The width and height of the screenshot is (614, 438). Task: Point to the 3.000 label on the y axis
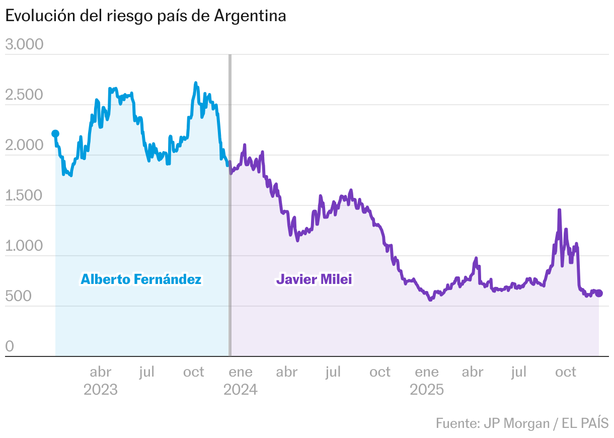click(24, 45)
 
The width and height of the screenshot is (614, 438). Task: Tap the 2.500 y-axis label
click(24, 95)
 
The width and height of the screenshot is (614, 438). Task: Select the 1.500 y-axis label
click(24, 196)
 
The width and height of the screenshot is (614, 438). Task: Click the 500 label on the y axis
click(18, 297)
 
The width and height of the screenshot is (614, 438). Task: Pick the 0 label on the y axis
click(9, 347)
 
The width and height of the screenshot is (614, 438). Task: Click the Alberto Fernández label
click(141, 279)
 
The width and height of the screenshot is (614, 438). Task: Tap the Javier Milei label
click(314, 279)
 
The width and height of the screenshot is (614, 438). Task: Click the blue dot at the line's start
click(55, 133)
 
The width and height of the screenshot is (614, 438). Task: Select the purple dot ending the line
click(599, 294)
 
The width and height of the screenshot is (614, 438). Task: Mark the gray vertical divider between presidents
click(230, 201)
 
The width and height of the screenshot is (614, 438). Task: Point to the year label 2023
click(101, 390)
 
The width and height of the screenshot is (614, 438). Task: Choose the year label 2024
click(241, 390)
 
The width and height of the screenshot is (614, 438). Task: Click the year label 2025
click(427, 390)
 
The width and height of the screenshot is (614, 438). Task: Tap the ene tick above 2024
click(241, 373)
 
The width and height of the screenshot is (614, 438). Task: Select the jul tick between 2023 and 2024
click(147, 373)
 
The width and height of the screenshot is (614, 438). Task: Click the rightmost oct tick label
click(565, 373)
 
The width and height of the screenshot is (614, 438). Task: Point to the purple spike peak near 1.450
click(559, 210)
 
